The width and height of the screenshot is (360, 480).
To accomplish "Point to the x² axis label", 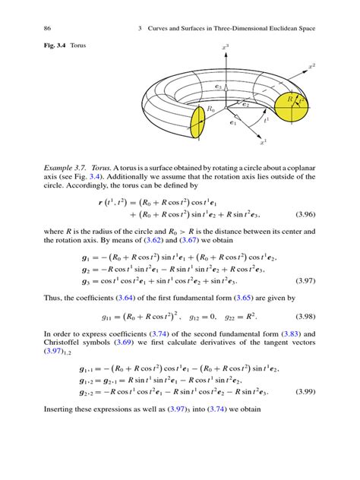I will [311, 66].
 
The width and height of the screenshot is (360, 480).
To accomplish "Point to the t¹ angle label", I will [265, 119].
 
